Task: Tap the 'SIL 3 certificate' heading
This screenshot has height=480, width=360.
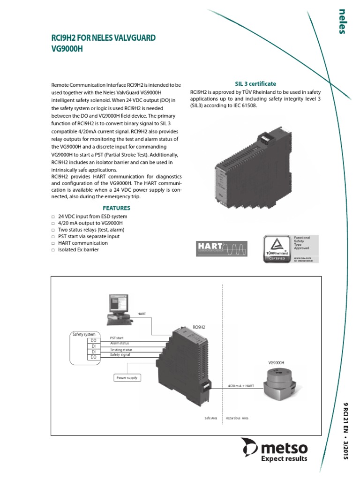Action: click(255, 83)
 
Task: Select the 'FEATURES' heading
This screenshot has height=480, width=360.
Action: click(117, 208)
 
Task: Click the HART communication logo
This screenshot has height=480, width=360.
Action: click(220, 248)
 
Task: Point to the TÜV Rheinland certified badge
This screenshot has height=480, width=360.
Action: click(291, 248)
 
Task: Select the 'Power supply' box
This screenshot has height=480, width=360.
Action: click(127, 377)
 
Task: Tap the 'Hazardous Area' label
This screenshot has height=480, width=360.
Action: click(237, 418)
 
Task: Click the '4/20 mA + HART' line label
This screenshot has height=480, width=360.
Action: click(241, 386)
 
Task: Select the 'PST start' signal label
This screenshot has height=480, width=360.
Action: click(117, 337)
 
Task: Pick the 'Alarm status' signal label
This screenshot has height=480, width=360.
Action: click(119, 343)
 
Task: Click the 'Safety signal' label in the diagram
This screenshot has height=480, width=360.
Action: click(120, 355)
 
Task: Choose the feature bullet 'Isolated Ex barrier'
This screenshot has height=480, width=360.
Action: click(78, 249)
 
